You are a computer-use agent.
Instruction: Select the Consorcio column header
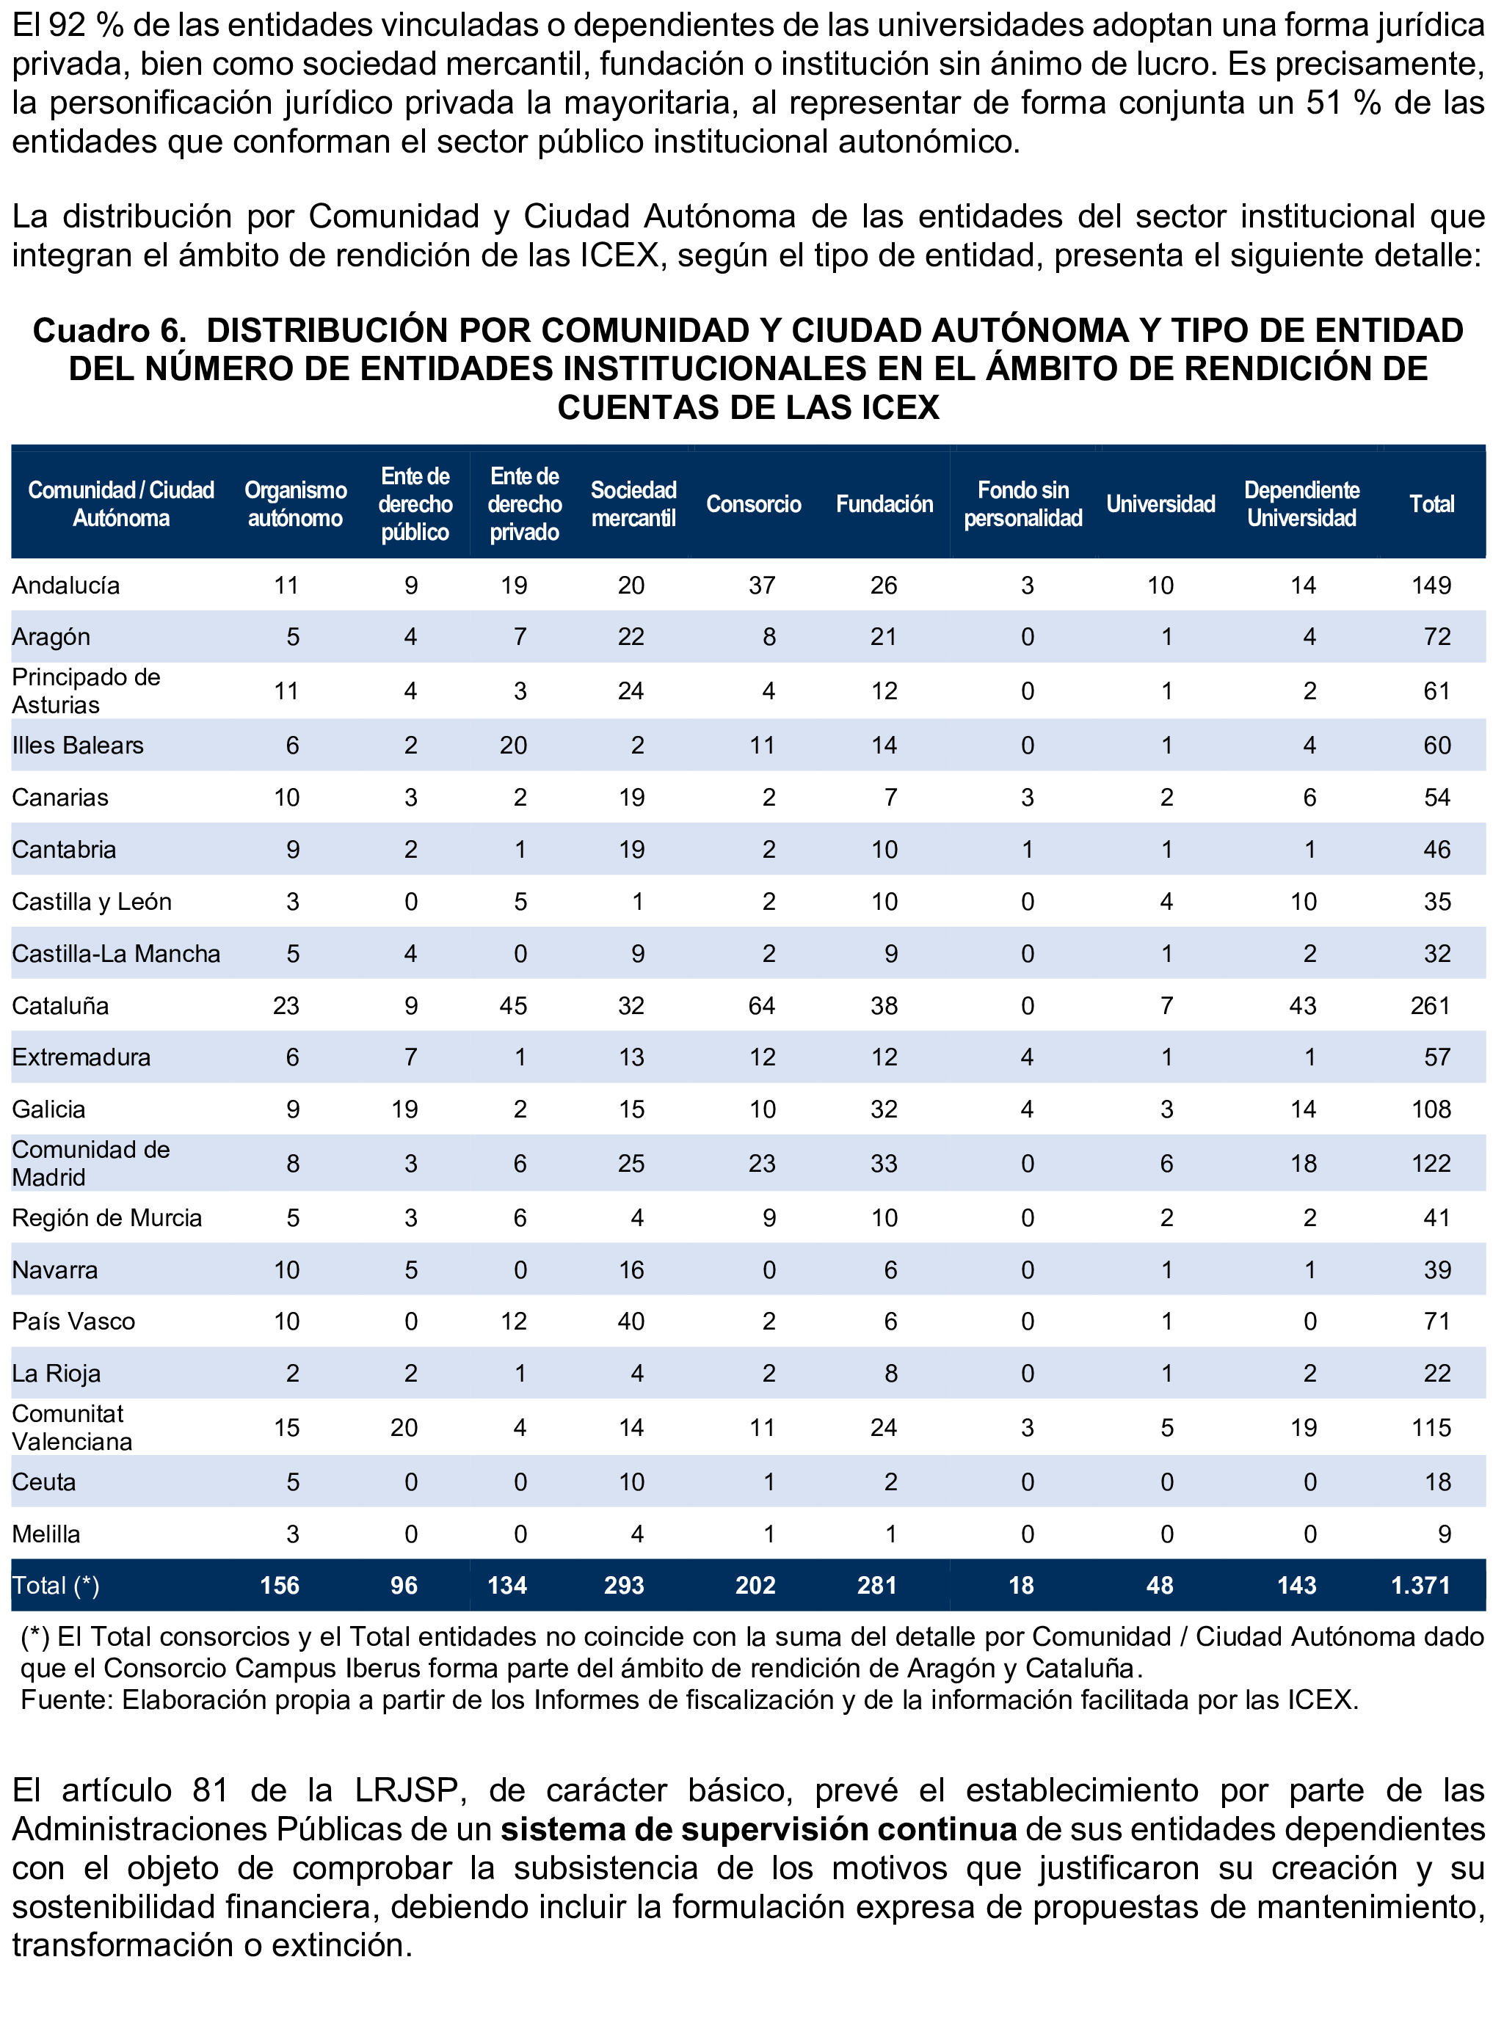(x=753, y=504)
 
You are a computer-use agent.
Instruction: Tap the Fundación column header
(x=884, y=504)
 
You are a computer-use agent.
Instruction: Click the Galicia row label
(x=49, y=1109)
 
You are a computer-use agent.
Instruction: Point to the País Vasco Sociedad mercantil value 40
(x=631, y=1322)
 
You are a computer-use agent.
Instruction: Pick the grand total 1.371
(x=1420, y=1586)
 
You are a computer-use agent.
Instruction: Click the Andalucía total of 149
(x=1431, y=585)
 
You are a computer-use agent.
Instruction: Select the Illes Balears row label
(x=79, y=746)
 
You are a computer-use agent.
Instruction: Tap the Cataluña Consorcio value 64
(x=761, y=1005)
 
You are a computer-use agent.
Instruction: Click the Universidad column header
(x=1160, y=504)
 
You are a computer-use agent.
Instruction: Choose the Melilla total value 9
(x=1444, y=1534)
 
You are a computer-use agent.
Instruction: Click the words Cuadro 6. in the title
(x=109, y=330)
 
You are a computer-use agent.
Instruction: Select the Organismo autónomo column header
(x=295, y=504)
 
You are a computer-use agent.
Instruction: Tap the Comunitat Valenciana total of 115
(x=1431, y=1428)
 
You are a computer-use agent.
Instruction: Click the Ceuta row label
(x=44, y=1482)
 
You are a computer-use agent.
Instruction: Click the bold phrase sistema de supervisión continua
(x=758, y=1829)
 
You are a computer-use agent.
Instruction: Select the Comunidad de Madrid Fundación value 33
(x=883, y=1163)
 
